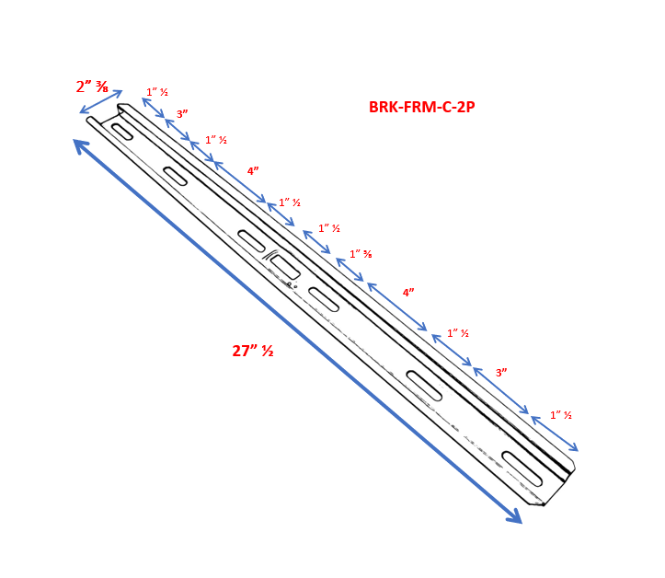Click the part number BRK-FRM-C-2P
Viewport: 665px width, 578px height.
[421, 107]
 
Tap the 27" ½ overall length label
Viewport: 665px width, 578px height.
[253, 351]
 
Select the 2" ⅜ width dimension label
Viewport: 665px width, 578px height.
[92, 87]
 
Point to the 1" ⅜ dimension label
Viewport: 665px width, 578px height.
[361, 254]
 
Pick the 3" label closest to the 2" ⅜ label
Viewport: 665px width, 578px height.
[182, 114]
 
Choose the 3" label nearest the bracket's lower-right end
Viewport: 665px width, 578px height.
[501, 373]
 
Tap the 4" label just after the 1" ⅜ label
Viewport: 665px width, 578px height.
[408, 293]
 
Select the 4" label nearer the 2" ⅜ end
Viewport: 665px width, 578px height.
[253, 171]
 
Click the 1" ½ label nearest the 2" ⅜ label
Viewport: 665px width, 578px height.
[157, 92]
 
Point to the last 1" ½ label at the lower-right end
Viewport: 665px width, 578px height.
[561, 415]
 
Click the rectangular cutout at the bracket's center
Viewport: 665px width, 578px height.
[285, 268]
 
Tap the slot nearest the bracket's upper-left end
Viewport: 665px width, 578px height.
[122, 132]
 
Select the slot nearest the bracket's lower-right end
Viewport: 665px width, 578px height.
[522, 468]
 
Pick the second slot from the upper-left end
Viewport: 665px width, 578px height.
[175, 176]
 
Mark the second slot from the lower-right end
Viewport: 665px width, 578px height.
[424, 386]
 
